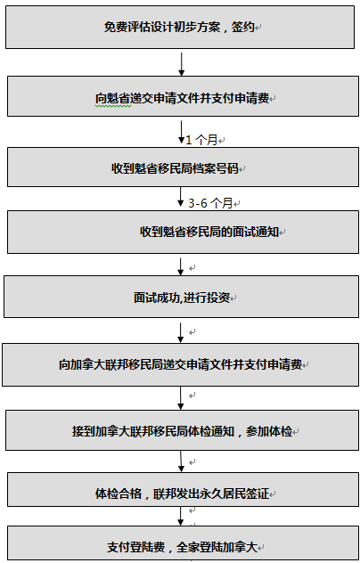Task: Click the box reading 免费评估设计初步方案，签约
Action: pyautogui.click(x=180, y=27)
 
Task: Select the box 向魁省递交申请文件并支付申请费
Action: pyautogui.click(x=183, y=96)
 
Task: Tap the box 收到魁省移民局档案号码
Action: pyautogui.click(x=183, y=167)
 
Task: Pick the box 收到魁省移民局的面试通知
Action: pyautogui.click(x=183, y=232)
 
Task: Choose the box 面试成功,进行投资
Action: pyautogui.click(x=181, y=297)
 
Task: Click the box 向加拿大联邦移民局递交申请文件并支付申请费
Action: pyautogui.click(x=180, y=365)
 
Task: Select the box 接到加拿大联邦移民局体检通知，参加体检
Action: pyautogui.click(x=182, y=430)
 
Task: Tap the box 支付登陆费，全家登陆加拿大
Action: pyautogui.click(x=183, y=544)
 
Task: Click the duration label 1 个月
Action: pyautogui.click(x=201, y=140)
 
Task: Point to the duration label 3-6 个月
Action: pyautogui.click(x=210, y=203)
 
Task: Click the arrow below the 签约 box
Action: pyautogui.click(x=182, y=64)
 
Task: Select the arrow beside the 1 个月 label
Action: pyautogui.click(x=182, y=132)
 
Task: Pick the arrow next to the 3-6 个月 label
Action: pyautogui.click(x=181, y=197)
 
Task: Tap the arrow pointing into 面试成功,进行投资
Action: pyautogui.click(x=181, y=266)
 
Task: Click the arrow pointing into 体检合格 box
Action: pyautogui.click(x=181, y=461)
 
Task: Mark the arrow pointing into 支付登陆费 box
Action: pyautogui.click(x=181, y=516)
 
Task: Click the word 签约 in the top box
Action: pyautogui.click(x=243, y=27)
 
